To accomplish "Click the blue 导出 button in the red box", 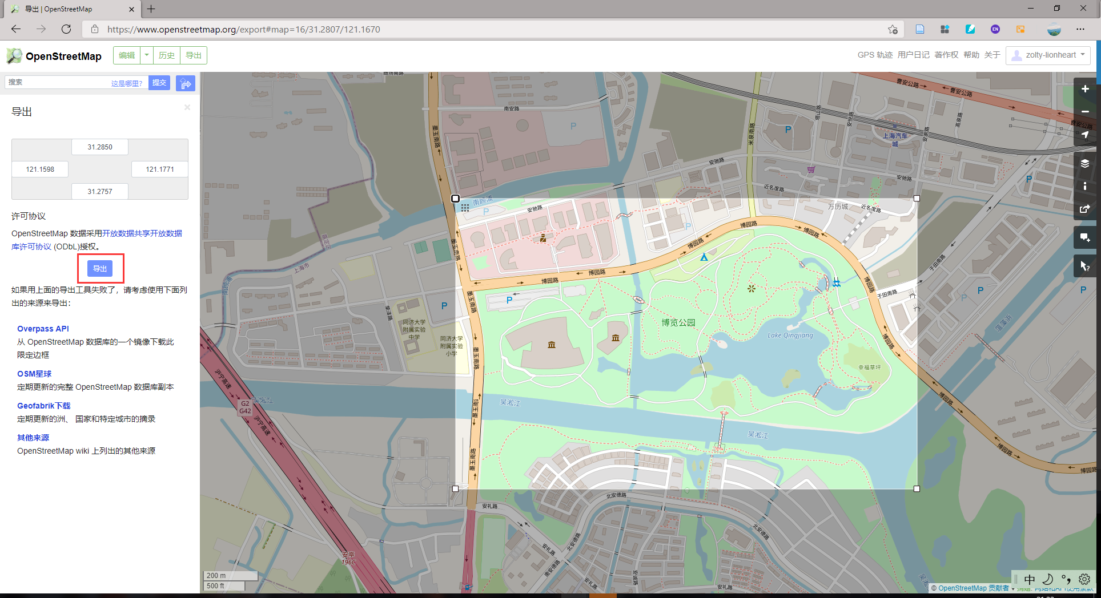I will tap(100, 268).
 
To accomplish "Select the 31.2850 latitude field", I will tap(100, 147).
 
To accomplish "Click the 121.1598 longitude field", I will tap(40, 169).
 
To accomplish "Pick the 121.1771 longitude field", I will tap(160, 169).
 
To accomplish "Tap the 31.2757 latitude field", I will tap(100, 192).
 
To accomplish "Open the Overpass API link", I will tap(43, 329).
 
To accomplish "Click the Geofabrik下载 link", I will tap(44, 406).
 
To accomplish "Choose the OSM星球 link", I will tap(34, 374).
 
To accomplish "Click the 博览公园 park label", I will tap(678, 322).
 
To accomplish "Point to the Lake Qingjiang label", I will tap(790, 336).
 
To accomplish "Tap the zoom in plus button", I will tap(1085, 89).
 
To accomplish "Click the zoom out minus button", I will tap(1085, 111).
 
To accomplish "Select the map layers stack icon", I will tap(1085, 164).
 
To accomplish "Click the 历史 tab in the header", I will tap(167, 55).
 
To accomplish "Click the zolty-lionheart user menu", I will tap(1048, 55).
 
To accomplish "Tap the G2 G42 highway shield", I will tap(245, 407).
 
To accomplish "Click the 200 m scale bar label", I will tap(216, 576).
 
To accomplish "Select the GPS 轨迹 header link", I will tap(874, 55).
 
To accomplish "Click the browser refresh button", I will tap(66, 29).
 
